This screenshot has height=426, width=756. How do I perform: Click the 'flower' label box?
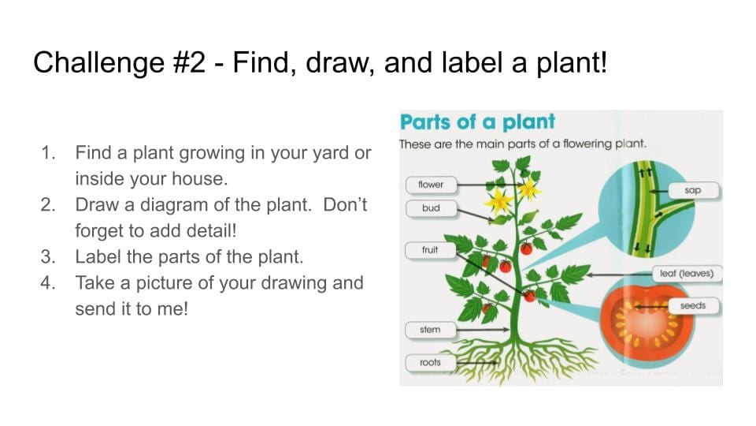click(x=431, y=185)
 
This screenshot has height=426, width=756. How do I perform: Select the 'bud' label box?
click(x=431, y=208)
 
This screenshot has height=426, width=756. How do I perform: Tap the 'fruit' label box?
click(x=430, y=250)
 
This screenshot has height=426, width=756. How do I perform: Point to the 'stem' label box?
click(x=430, y=330)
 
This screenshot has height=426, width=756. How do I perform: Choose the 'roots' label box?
click(x=430, y=362)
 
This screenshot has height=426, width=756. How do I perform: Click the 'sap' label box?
click(x=693, y=190)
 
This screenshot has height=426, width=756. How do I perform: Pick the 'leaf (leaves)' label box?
click(x=687, y=274)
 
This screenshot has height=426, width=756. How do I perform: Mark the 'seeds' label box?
click(x=693, y=306)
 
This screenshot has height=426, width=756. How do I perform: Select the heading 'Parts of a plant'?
click(x=477, y=122)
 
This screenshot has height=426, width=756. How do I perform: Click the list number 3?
click(x=48, y=256)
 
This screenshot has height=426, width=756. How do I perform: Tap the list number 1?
click(x=48, y=153)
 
